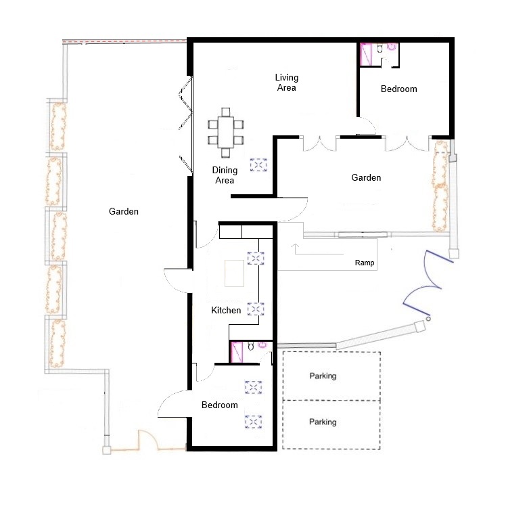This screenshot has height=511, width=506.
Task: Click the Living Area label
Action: [286, 83]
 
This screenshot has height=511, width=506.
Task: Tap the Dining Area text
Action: [225, 175]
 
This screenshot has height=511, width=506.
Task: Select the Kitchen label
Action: [226, 310]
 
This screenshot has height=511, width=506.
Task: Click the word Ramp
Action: [364, 263]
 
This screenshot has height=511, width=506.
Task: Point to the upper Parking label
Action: [323, 376]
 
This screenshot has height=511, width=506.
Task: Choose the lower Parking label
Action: [323, 422]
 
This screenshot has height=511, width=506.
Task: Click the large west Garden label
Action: [124, 211]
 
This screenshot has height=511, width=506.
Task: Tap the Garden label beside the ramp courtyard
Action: [366, 177]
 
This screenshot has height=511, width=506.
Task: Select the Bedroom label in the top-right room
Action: [399, 89]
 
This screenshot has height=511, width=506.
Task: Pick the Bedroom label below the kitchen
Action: [220, 405]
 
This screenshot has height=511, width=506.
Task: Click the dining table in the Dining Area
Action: [226, 132]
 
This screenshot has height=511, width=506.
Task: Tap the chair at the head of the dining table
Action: [226, 112]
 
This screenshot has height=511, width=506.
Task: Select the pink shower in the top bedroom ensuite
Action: [365, 53]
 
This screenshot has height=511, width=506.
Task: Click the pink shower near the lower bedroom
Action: [236, 352]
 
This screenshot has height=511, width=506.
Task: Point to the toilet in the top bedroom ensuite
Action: [379, 49]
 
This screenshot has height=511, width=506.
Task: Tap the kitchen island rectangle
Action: [234, 273]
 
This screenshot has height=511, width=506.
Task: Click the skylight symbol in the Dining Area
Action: [258, 164]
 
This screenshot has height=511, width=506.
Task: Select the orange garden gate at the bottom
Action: [149, 441]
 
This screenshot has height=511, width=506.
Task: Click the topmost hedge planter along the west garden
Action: [57, 126]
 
